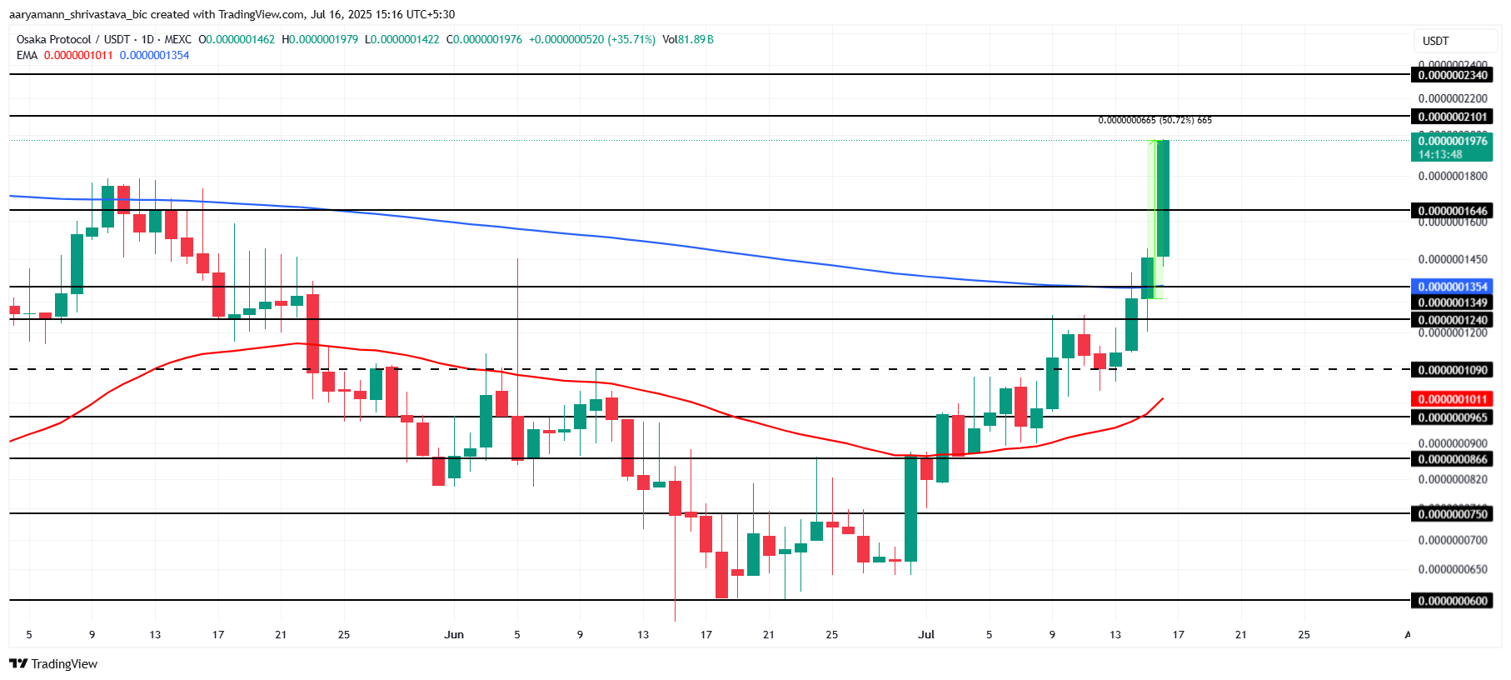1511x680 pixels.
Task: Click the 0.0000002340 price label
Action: tap(1452, 75)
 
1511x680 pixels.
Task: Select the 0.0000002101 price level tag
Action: tap(1452, 117)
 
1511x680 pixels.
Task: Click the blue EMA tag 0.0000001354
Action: tap(1452, 287)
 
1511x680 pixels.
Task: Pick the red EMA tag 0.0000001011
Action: tap(1452, 399)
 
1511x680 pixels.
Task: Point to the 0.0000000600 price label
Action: tap(1452, 601)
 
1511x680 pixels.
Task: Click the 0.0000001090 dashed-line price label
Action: tap(1452, 370)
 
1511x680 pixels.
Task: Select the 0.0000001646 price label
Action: tap(1452, 211)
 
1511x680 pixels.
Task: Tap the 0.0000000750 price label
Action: tap(1452, 514)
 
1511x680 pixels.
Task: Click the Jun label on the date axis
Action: tap(454, 635)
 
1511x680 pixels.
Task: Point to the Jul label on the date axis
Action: tap(926, 635)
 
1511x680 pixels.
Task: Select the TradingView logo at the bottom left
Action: tap(54, 664)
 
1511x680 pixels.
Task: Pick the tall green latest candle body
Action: tap(1163, 198)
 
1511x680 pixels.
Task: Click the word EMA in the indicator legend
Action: tap(27, 55)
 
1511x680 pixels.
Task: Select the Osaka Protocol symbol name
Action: tap(54, 39)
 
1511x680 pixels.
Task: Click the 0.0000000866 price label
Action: tap(1452, 459)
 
